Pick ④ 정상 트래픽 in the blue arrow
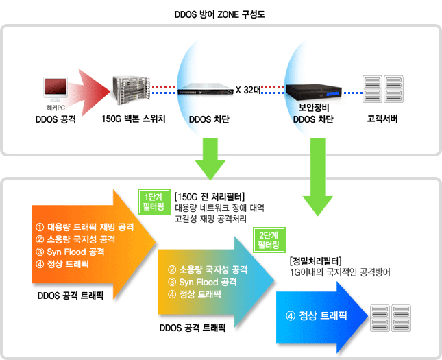[316, 316]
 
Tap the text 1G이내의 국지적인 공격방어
[340, 272]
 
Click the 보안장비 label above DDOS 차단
[312, 108]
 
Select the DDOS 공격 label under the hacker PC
[56, 120]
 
